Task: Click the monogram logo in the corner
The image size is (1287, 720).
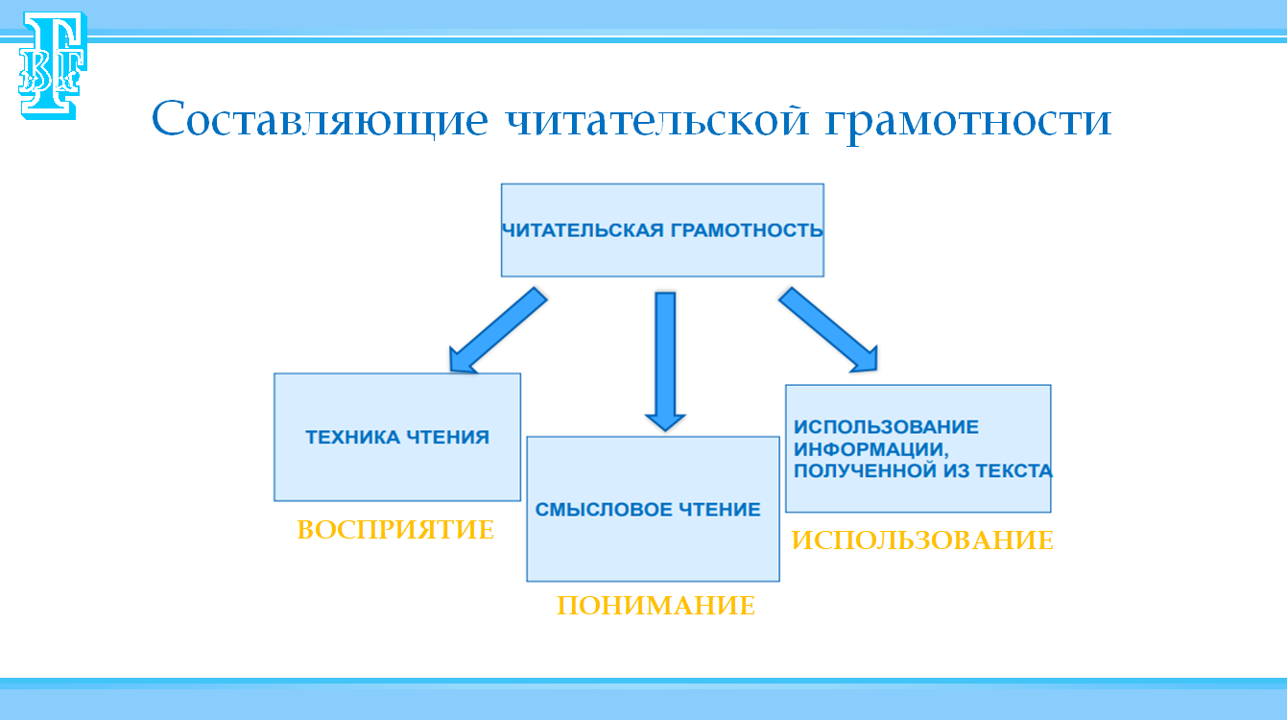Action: [53, 65]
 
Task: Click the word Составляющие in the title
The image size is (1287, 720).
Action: [320, 120]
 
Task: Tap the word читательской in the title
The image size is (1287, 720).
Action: [657, 121]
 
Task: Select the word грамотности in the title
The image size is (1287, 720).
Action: [968, 122]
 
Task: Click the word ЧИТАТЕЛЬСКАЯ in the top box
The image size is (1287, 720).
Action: [583, 230]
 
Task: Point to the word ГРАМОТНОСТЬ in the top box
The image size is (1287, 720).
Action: [747, 230]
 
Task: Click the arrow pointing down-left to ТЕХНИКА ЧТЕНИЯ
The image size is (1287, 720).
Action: [497, 330]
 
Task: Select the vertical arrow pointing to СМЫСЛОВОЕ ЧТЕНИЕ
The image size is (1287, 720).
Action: [665, 361]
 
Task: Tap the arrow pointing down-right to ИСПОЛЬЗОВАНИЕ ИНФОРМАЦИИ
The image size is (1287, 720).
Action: [828, 330]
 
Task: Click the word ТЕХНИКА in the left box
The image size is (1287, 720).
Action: [353, 438]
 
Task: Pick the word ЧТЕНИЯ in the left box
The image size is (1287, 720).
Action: [448, 438]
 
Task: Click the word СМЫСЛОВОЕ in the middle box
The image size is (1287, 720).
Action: [604, 510]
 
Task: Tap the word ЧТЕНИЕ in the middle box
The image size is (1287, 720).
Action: [720, 510]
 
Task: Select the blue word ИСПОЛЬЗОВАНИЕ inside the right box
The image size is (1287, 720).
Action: [886, 427]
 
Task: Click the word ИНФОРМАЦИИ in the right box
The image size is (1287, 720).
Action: [871, 449]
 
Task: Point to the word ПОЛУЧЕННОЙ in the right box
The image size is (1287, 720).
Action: [866, 471]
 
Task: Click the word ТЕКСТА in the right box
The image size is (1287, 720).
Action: [1014, 471]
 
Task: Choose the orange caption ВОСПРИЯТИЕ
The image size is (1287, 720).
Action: [395, 530]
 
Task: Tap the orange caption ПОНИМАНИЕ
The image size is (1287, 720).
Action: [655, 606]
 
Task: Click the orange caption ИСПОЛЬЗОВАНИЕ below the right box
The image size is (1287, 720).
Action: [922, 540]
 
